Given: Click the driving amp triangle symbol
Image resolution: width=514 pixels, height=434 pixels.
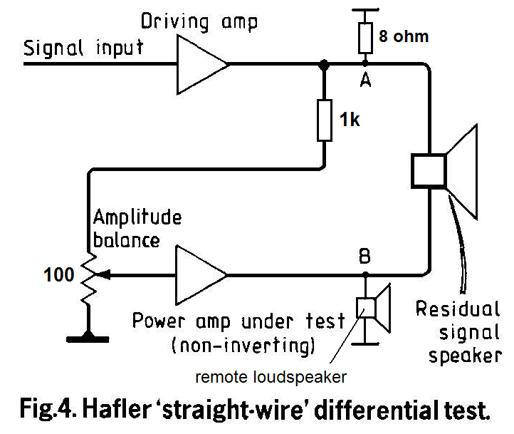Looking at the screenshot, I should (201, 64).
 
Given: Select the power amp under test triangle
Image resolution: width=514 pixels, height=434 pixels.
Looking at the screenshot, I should (201, 274).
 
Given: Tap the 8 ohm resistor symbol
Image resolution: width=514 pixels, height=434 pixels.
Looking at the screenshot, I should (364, 38).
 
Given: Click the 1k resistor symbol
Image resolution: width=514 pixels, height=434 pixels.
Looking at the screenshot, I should (324, 119).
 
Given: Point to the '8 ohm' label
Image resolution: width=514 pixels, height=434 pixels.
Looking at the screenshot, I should (404, 36).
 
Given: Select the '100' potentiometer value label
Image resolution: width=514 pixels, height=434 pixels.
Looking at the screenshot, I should (59, 274).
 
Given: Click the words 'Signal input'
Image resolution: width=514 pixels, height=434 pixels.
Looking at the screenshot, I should (84, 48).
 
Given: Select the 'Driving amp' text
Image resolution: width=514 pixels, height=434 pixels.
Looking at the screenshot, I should (199, 20).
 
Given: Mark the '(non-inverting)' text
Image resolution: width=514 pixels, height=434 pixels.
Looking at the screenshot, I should (243, 346).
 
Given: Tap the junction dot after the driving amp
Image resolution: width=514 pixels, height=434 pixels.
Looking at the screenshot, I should (324, 65).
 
